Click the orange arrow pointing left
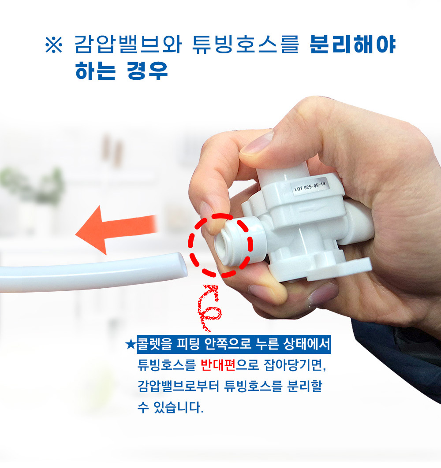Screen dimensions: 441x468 (116, 230)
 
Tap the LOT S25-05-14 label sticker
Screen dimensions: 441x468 (310, 186)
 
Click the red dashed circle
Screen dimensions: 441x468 (220, 245)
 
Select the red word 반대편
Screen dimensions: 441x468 (218, 365)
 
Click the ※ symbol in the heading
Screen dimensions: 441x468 (54, 45)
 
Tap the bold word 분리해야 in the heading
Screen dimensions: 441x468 (352, 45)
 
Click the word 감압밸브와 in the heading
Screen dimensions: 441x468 (128, 45)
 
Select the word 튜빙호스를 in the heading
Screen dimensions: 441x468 (245, 45)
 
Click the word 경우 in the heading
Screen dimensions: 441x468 (147, 71)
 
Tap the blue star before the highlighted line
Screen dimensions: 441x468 (131, 345)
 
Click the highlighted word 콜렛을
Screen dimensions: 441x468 (154, 344)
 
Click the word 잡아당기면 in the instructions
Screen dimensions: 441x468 (295, 365)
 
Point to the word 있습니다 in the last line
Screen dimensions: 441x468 (178, 407)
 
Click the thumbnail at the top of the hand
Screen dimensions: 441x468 (257, 144)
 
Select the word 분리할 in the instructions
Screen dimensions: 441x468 (305, 386)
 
